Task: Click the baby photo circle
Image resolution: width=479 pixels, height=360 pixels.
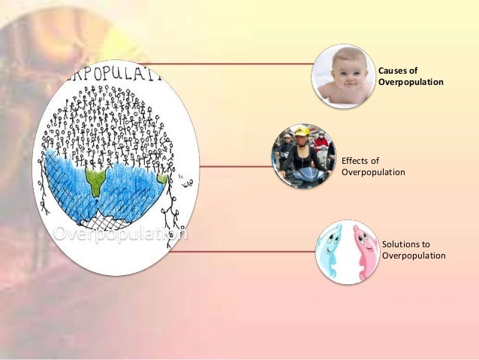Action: [343, 76]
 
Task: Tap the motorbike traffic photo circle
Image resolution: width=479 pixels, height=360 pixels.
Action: [303, 156]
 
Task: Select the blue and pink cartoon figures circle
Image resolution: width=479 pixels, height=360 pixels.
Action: [346, 252]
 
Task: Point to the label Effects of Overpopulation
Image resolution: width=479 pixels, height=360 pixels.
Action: [373, 166]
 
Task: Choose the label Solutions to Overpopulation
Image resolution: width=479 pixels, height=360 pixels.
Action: [414, 250]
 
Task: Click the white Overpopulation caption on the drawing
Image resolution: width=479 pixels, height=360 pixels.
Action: [120, 234]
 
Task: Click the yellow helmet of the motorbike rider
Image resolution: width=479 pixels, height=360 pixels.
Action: [302, 132]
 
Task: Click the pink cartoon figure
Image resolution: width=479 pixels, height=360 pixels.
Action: [364, 252]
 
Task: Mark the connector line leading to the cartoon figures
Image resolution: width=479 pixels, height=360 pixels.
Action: [240, 253]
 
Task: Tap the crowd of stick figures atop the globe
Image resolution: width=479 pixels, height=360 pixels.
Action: [113, 120]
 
